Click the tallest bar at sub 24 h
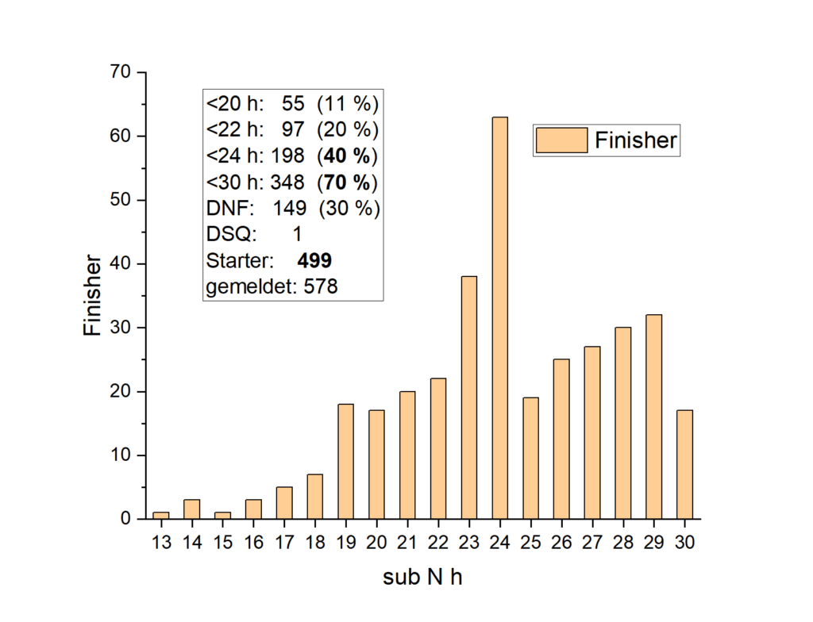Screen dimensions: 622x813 click(499, 317)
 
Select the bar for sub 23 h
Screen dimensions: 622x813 click(468, 397)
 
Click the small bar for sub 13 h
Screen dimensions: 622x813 click(160, 516)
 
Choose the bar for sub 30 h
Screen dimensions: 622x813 click(684, 464)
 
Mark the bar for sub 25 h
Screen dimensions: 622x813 click(530, 458)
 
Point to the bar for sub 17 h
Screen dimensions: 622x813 click(283, 503)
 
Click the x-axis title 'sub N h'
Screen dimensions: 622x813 click(422, 578)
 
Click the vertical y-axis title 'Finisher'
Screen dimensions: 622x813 click(93, 294)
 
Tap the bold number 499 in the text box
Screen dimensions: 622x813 click(314, 260)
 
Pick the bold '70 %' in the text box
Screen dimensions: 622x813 click(348, 182)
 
